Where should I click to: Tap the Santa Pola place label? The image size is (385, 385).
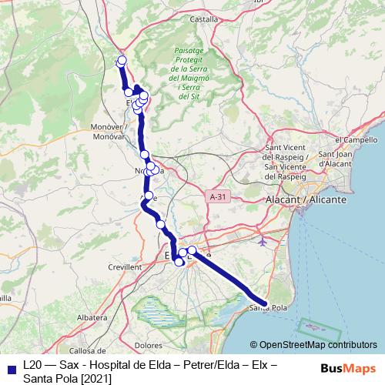click(268, 308)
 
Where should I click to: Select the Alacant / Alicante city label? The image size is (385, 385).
click(307, 199)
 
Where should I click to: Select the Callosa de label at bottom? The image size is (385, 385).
click(79, 340)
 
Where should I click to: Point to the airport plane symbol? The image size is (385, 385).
click(264, 241)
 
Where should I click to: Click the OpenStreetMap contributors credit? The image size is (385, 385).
click(313, 345)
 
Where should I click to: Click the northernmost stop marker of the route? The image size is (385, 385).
click(121, 62)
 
